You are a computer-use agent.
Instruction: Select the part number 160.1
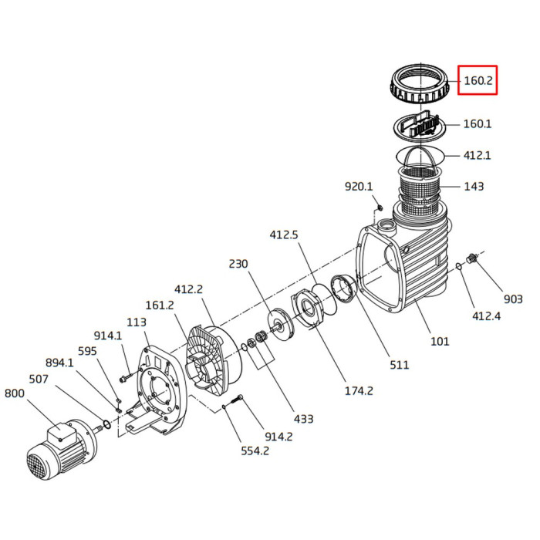pyautogui.click(x=478, y=123)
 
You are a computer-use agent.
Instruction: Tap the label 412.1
pyautogui.click(x=478, y=155)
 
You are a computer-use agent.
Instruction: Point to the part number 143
pyautogui.click(x=473, y=186)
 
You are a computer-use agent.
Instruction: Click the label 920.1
pyautogui.click(x=359, y=187)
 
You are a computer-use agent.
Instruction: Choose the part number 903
pyautogui.click(x=513, y=299)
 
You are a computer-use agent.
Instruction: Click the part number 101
pyautogui.click(x=439, y=341)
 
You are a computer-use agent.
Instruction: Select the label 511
pyautogui.click(x=399, y=364)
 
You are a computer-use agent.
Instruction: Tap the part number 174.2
pyautogui.click(x=359, y=391)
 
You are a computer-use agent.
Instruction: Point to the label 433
pyautogui.click(x=303, y=419)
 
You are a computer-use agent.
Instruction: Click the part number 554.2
pyautogui.click(x=254, y=451)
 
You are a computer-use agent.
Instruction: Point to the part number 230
pyautogui.click(x=238, y=263)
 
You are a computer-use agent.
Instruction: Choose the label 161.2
pyautogui.click(x=160, y=305)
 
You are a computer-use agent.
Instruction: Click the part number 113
pyautogui.click(x=137, y=322)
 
